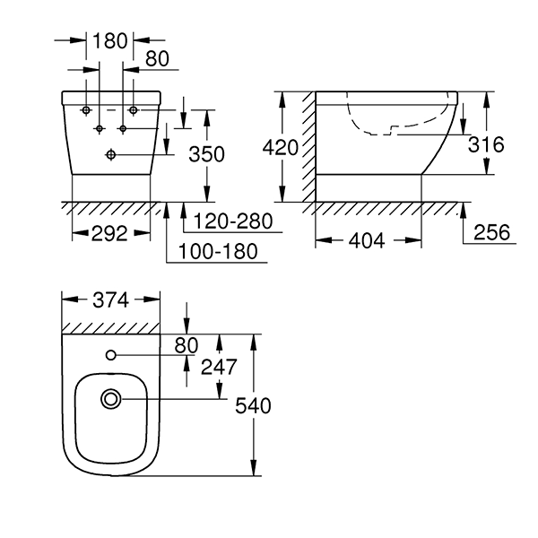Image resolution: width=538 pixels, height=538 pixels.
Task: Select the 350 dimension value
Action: [x=207, y=154]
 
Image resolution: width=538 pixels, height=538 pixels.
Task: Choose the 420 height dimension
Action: [x=281, y=146]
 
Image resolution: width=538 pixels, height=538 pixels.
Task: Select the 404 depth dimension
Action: [x=368, y=240]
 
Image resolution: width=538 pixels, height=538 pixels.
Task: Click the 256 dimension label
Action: [x=490, y=232]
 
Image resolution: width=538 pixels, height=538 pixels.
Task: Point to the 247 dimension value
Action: [x=220, y=366]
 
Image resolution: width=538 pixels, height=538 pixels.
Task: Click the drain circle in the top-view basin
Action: [x=112, y=397]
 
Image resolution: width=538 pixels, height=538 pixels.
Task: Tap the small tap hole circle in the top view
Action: [x=112, y=355]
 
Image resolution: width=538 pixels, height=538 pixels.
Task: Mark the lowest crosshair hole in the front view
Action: [x=110, y=155]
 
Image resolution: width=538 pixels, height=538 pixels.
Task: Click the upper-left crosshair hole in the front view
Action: [x=86, y=109]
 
